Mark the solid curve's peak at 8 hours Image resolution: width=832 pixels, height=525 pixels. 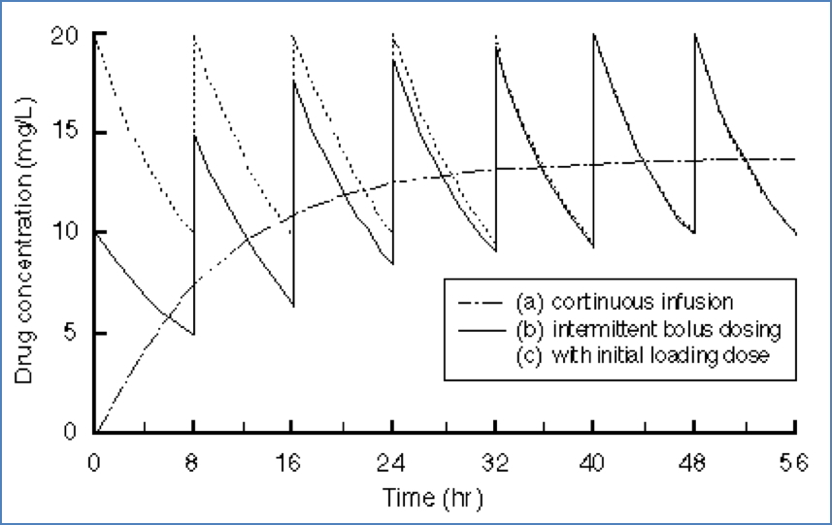194,135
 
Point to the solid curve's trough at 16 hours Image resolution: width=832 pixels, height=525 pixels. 293,306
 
